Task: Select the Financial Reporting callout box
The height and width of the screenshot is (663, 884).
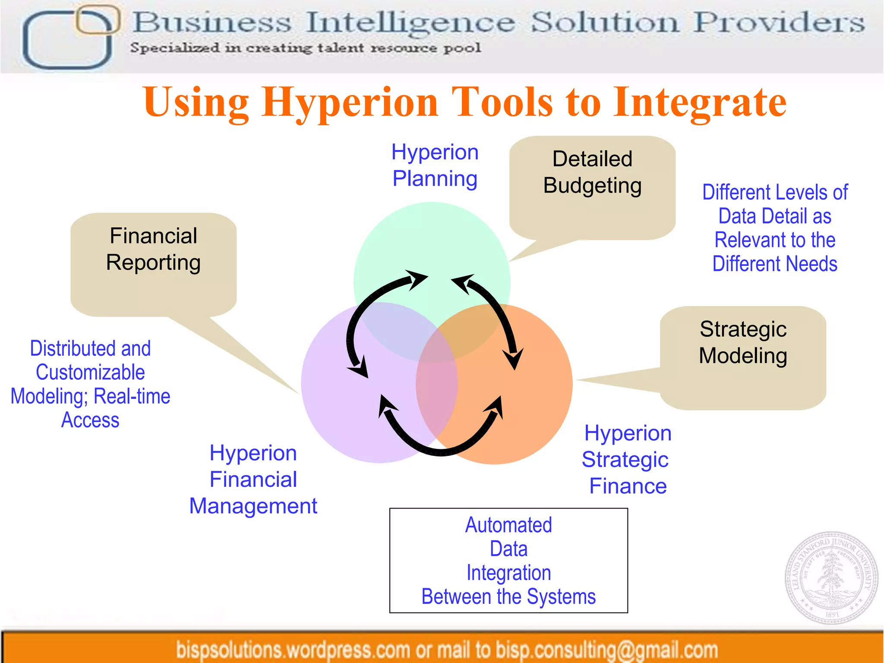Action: [153, 263]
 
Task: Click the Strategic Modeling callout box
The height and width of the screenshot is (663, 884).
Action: [743, 356]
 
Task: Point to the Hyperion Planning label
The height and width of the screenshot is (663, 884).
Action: [435, 165]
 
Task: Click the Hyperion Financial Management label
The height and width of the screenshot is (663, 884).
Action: [253, 479]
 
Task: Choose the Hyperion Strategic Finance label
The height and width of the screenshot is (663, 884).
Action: [627, 459]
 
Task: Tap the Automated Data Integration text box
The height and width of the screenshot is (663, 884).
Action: [508, 560]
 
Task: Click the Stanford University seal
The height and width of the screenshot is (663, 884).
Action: [831, 577]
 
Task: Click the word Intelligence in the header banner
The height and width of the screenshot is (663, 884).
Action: [410, 22]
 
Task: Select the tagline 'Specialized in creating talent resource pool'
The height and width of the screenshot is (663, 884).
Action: [306, 48]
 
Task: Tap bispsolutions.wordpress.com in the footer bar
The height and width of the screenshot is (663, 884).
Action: [293, 650]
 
